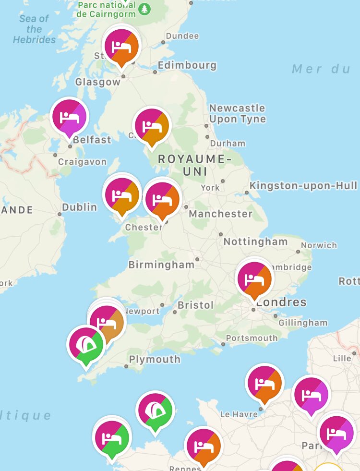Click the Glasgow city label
(98, 82)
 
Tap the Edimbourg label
(187, 65)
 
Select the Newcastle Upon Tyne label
(237, 113)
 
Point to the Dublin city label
(80, 207)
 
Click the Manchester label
(220, 214)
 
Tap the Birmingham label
(161, 265)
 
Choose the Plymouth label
(155, 359)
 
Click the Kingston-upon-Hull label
(303, 185)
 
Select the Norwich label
(319, 245)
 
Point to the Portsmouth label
(252, 338)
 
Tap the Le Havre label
(239, 414)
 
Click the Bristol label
(195, 305)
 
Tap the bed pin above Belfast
(70, 117)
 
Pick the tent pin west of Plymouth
(86, 344)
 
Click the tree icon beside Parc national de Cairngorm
(144, 9)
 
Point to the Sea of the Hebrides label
(34, 29)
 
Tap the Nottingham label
(255, 242)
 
